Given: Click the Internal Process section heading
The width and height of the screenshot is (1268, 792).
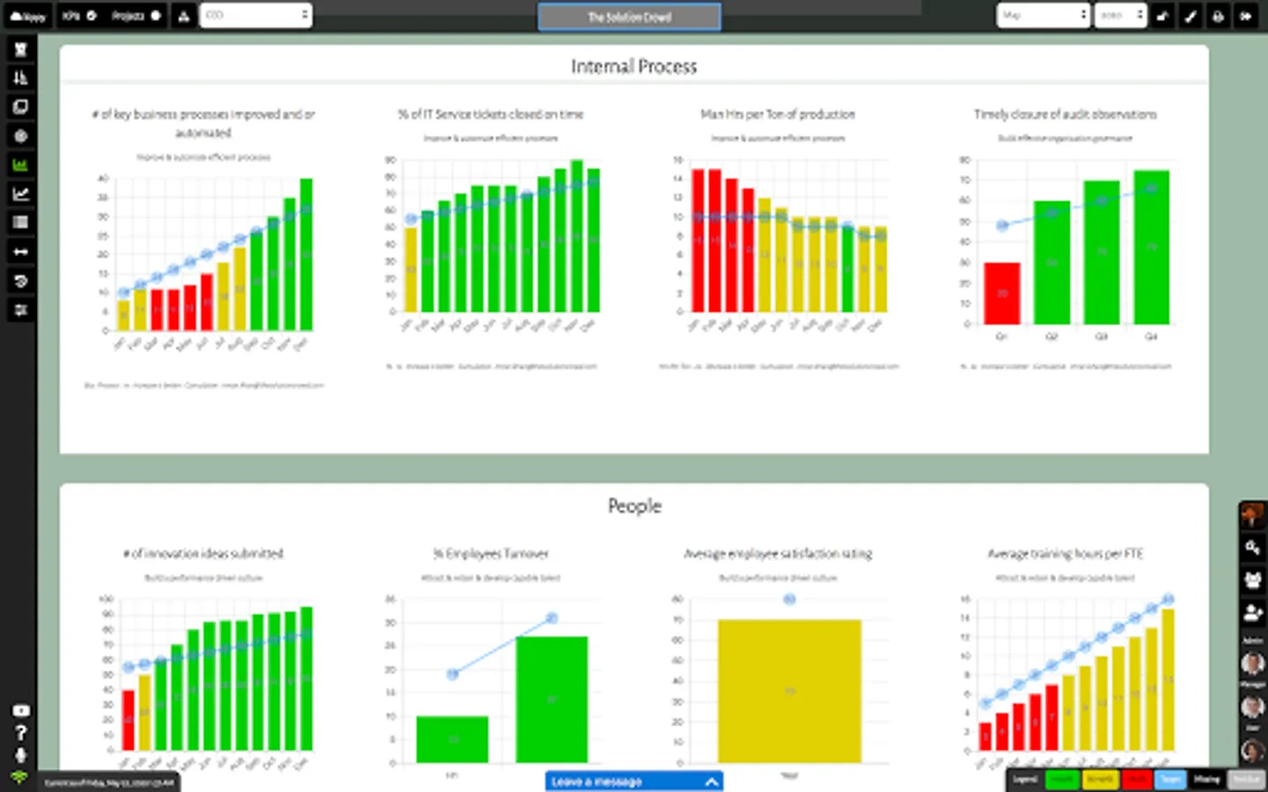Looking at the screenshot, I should coord(633,67).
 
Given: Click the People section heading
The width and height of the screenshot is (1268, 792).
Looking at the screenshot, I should coord(634,506).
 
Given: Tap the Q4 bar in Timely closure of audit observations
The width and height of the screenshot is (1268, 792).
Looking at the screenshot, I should coord(1151,247).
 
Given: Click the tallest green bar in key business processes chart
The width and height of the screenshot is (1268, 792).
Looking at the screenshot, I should coord(306,254).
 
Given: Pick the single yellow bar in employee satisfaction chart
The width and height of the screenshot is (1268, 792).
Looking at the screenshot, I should coord(789,691).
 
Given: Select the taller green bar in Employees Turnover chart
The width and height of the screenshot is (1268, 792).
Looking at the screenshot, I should coord(551,699).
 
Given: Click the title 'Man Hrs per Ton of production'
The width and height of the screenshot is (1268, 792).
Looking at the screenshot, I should coord(778,114).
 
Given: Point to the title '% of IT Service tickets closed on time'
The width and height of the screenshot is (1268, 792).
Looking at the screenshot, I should coord(490,114).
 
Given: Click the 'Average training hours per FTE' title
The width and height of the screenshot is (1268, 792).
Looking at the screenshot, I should coord(1065,554).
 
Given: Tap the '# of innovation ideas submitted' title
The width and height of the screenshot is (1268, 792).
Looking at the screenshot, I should coord(203,554).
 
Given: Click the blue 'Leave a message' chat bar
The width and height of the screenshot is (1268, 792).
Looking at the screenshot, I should coord(633,781).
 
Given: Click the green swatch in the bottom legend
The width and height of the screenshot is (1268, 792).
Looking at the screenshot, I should coord(1062,780).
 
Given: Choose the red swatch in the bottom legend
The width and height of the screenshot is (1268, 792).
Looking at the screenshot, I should coord(1136,780).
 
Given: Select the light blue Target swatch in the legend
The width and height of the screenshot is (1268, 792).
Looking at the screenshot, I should coord(1170,780).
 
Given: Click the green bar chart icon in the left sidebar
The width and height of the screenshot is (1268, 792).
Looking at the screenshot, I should coord(20,165).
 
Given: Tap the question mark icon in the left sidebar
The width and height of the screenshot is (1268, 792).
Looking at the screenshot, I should coord(20,733).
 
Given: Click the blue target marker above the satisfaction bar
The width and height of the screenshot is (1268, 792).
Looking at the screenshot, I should coord(790,599).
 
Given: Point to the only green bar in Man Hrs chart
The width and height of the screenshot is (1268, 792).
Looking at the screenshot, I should coord(847,268).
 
